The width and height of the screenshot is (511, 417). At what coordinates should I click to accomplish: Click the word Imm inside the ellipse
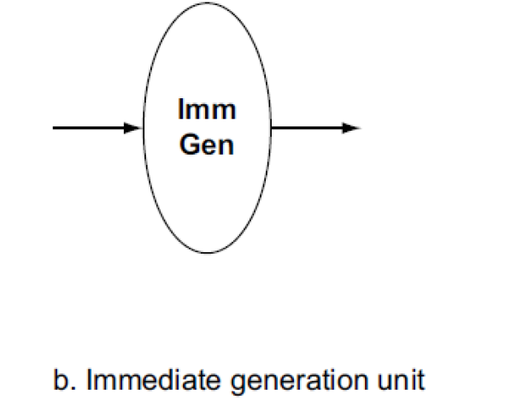[206, 111]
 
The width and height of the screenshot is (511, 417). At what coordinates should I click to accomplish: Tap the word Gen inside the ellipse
[206, 144]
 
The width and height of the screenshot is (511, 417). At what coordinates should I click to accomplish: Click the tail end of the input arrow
[55, 128]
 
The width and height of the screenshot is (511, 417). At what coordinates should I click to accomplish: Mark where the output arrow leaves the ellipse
[271, 128]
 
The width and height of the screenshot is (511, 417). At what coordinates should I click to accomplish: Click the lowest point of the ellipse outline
[206, 254]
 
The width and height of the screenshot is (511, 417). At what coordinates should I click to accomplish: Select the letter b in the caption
[60, 379]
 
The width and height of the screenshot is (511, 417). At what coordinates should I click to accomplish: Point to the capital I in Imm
[181, 111]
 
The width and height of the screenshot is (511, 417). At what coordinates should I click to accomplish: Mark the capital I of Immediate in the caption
[87, 379]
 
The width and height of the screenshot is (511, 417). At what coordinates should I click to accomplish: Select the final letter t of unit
[419, 379]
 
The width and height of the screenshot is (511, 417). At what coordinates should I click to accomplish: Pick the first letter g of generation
[222, 382]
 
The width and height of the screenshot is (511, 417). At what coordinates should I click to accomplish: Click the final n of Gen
[226, 146]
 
